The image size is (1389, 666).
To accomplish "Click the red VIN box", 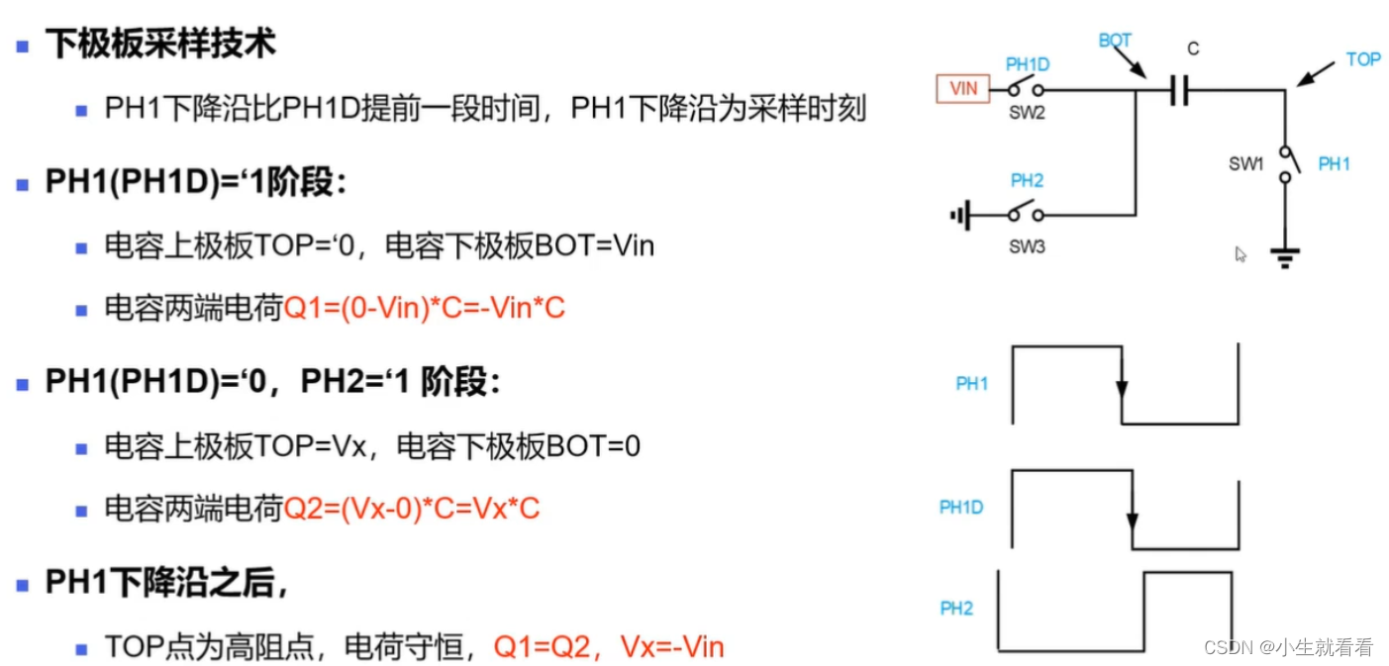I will pyautogui.click(x=963, y=88).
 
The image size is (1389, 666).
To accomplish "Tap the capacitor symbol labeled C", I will pyautogui.click(x=1177, y=92).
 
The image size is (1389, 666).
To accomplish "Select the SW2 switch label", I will pyautogui.click(x=1027, y=112).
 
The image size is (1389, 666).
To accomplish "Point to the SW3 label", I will pyautogui.click(x=1027, y=246).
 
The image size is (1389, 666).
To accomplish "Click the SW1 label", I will pyautogui.click(x=1246, y=163).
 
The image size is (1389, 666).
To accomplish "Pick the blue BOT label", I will pyautogui.click(x=1115, y=41).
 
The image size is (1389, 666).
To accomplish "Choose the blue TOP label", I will pyautogui.click(x=1363, y=59).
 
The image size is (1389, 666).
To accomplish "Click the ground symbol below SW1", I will pyautogui.click(x=1286, y=259).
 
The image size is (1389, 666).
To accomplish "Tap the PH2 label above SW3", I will pyautogui.click(x=1027, y=181).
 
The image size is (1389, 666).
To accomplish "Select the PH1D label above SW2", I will pyautogui.click(x=1028, y=64).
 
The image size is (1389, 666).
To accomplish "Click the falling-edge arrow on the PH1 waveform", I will pyautogui.click(x=1122, y=387).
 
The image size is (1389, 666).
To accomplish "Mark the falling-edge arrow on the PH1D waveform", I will pyautogui.click(x=1132, y=519).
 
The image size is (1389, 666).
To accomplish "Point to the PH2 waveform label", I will pyautogui.click(x=956, y=609).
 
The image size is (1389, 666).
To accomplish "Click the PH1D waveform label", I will pyautogui.click(x=961, y=508).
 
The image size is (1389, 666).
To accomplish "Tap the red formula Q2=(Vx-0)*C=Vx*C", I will pyautogui.click(x=412, y=509).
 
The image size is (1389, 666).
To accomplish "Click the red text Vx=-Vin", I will pyautogui.click(x=672, y=648).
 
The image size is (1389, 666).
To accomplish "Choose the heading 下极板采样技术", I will pyautogui.click(x=160, y=44).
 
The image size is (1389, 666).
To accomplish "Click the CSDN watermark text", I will pyautogui.click(x=1288, y=647).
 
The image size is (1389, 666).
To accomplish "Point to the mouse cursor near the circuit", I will pyautogui.click(x=1240, y=254).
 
